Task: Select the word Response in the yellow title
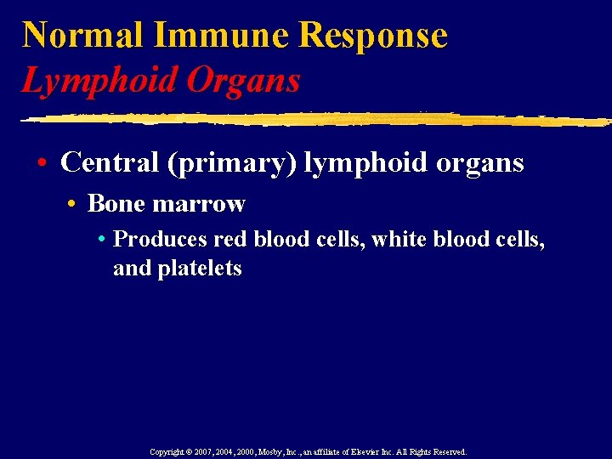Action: (374, 36)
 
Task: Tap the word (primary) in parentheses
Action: (233, 163)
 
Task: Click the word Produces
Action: (160, 241)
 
